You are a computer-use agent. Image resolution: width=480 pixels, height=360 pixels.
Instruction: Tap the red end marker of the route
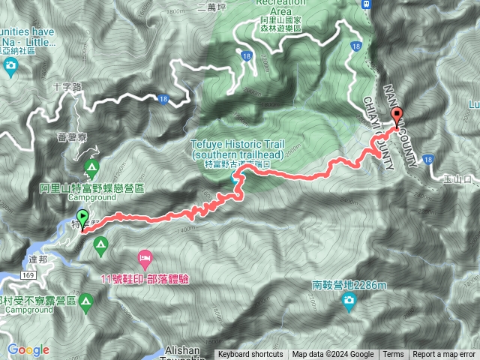[x=397, y=115]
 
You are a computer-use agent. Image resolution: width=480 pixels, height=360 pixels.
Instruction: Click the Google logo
[x=28, y=349]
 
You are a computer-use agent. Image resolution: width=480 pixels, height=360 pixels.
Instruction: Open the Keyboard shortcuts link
[x=250, y=355]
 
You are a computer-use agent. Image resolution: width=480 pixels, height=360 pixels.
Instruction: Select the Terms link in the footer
[x=393, y=355]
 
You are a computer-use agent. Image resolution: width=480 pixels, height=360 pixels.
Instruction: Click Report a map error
[x=444, y=355]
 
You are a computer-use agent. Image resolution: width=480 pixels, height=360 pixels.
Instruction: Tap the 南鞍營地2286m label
[x=349, y=286]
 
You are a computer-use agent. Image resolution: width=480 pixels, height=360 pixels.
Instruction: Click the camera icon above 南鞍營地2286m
[x=349, y=301]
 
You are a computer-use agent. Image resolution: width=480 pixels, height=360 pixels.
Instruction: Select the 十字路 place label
[x=69, y=87]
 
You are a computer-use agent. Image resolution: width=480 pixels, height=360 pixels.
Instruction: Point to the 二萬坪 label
[x=211, y=6]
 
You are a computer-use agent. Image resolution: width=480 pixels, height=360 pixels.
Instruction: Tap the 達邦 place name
[x=39, y=258]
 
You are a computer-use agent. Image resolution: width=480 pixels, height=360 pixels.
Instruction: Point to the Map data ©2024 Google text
[x=333, y=355]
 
